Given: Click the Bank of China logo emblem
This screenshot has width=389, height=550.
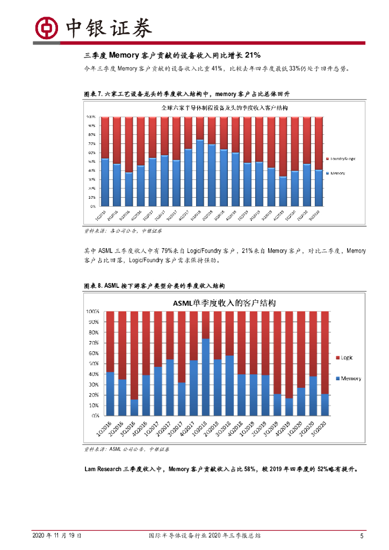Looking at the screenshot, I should point(47,27).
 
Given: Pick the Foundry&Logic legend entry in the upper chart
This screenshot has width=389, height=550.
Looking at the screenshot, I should point(342,158).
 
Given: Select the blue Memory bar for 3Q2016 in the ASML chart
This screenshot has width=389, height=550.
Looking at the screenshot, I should point(134,407).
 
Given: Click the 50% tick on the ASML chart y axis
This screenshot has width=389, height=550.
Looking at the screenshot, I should point(93,364).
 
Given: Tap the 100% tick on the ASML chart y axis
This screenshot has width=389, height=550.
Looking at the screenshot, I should point(92,312).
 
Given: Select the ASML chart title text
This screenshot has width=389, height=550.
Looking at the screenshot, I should point(224,303).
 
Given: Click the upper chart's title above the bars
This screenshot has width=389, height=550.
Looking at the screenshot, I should point(224,108).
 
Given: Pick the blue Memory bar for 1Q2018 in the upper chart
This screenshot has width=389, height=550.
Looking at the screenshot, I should point(199,173).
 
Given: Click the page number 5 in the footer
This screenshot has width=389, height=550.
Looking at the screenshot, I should point(362,535).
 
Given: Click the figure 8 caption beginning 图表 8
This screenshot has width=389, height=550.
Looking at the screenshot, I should point(155,285).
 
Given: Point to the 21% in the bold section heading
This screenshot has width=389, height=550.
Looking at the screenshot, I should point(253,55).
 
